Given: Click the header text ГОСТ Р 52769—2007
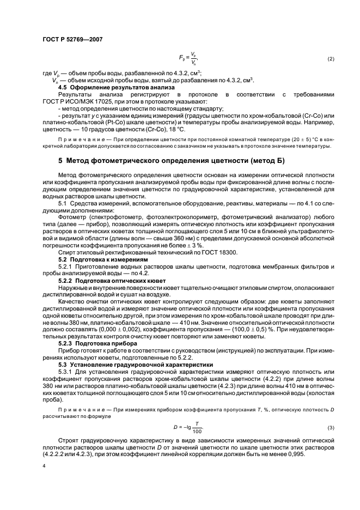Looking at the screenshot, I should coord(72,39).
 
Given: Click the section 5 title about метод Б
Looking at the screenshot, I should coord(171,161).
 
